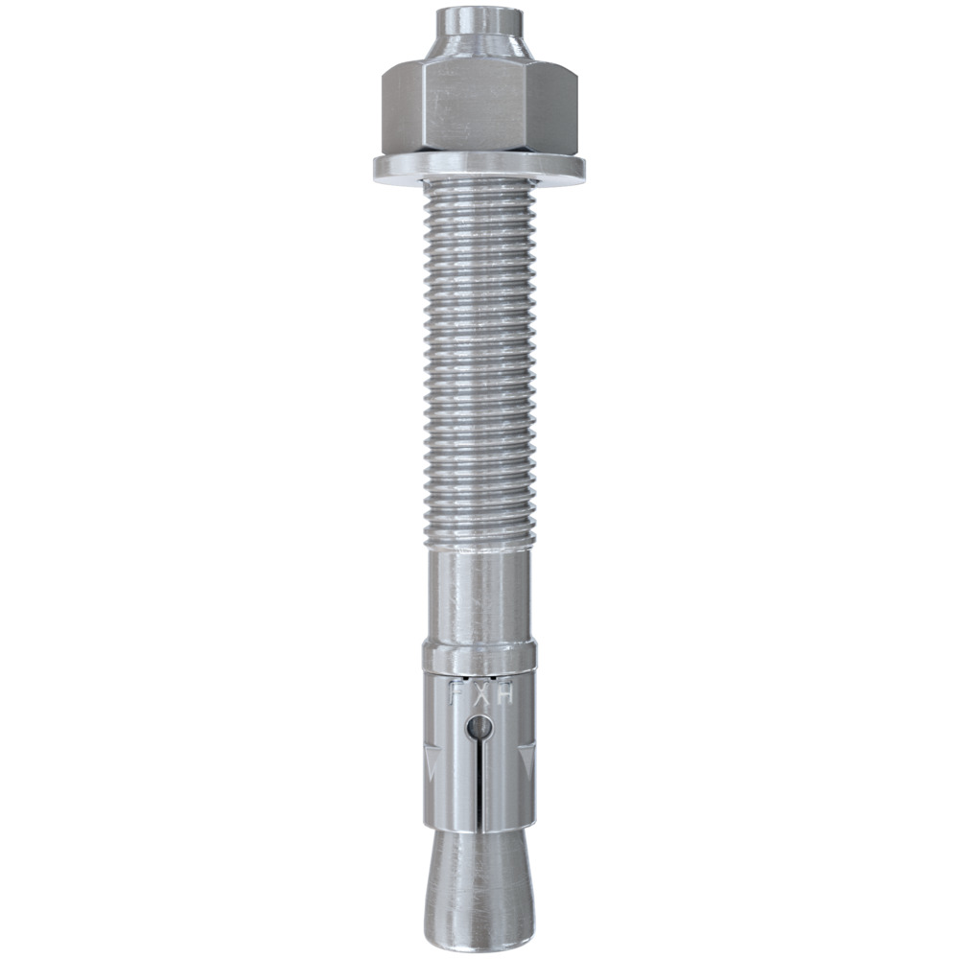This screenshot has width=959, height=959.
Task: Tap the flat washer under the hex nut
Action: coord(479,169)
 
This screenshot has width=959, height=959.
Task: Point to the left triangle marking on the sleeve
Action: coord(433,762)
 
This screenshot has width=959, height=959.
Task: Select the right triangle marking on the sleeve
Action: coord(526,762)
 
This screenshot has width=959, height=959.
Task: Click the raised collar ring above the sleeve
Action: coord(479,658)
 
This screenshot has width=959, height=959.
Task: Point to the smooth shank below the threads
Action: coord(479,595)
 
